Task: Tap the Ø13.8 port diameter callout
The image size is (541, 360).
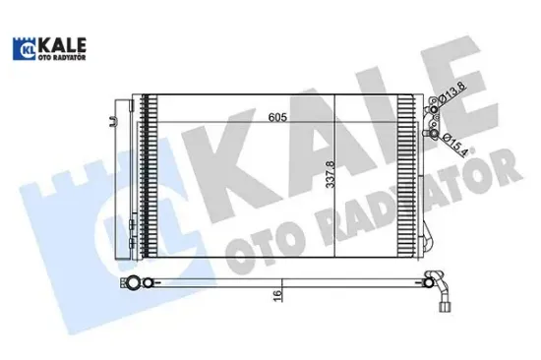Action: point(452,93)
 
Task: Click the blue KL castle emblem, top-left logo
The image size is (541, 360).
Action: point(23,48)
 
